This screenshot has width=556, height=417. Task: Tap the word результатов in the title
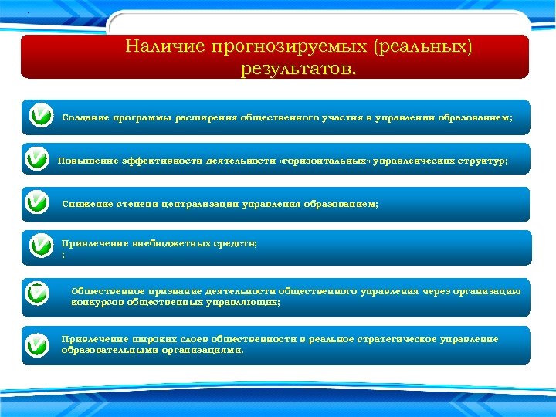point(297,69)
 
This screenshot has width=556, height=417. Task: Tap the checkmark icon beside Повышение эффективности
point(36,160)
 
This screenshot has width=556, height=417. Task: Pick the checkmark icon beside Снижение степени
point(36,203)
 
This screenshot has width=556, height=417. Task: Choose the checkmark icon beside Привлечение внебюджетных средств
point(40,247)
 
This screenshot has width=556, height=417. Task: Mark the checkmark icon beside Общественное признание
point(36,295)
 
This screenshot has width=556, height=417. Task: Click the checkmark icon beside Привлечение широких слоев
point(36,344)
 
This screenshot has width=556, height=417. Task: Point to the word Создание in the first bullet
point(84,117)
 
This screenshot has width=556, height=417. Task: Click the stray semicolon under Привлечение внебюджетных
point(63,253)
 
